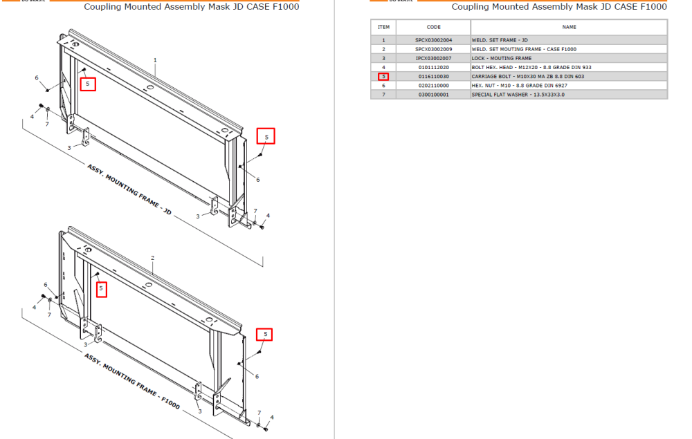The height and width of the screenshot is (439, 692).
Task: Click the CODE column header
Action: pyautogui.click(x=433, y=27)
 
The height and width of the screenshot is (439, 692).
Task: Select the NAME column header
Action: pyautogui.click(x=569, y=27)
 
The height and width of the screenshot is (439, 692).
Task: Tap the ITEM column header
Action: pyautogui.click(x=383, y=27)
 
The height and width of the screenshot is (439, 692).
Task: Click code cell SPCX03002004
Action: pyautogui.click(x=433, y=40)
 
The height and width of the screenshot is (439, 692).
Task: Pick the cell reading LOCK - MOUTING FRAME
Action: pyautogui.click(x=501, y=58)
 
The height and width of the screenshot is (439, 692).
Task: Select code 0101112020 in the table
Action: pyautogui.click(x=433, y=68)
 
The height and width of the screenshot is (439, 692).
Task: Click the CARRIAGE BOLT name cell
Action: pyautogui.click(x=528, y=76)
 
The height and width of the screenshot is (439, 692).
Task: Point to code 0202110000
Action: pyautogui.click(x=433, y=86)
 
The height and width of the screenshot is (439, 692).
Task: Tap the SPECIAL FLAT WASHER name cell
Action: pyautogui.click(x=518, y=94)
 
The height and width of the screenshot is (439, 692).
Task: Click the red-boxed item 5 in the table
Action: pyautogui.click(x=383, y=76)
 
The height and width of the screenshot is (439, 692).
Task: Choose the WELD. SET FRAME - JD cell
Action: pyautogui.click(x=500, y=40)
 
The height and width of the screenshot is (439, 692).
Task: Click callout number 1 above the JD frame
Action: pyautogui.click(x=155, y=60)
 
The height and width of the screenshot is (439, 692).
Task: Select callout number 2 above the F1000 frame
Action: pyautogui.click(x=153, y=258)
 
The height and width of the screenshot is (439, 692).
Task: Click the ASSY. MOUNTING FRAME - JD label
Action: pyautogui.click(x=129, y=189)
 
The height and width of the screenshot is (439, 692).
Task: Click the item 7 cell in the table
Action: pyautogui.click(x=383, y=94)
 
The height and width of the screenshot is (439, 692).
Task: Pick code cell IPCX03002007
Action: pyautogui.click(x=433, y=58)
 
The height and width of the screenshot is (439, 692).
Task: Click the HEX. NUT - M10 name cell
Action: pyautogui.click(x=520, y=86)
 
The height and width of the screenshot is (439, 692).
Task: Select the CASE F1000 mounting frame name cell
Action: pyautogui.click(x=524, y=49)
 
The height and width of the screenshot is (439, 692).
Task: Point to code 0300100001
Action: pyautogui.click(x=433, y=94)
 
